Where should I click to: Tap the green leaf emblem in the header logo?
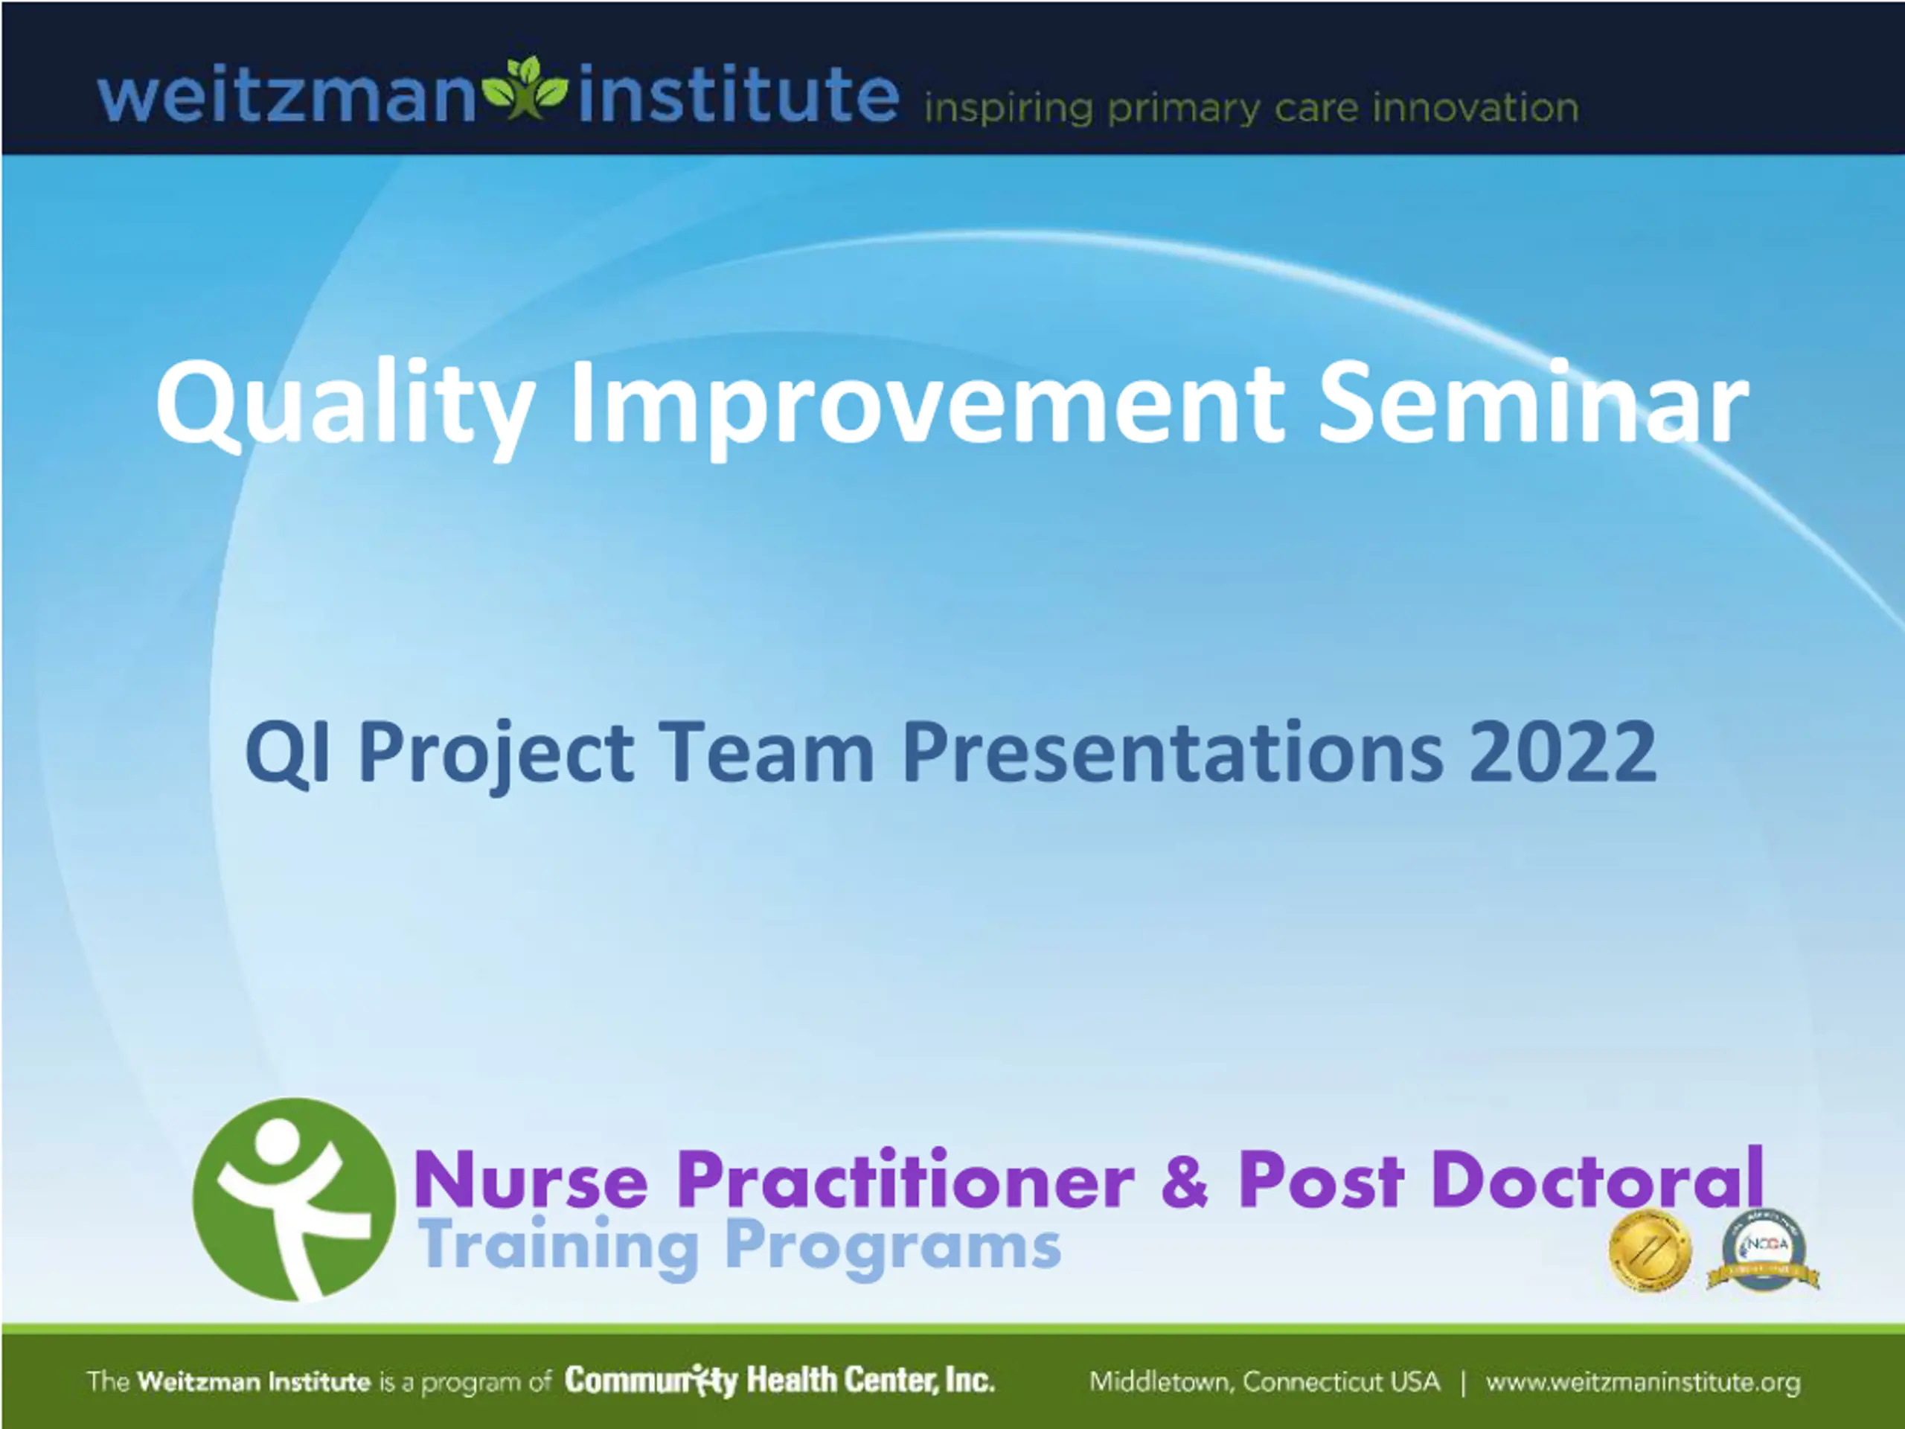(525, 88)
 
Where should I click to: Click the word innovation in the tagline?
(1475, 108)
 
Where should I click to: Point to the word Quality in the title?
(345, 406)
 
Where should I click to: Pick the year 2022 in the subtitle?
(1563, 751)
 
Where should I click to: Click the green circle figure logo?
(294, 1199)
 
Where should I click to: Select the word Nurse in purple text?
(531, 1180)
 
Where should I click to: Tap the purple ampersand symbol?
(1185, 1180)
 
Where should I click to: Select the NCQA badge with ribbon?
(1763, 1250)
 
